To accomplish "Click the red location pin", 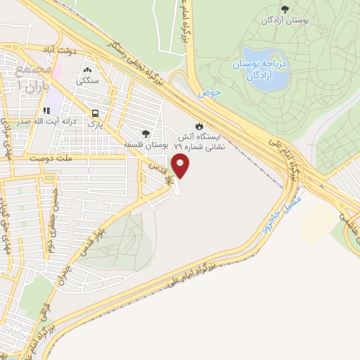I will [181, 167].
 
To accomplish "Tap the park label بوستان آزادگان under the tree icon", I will [284, 20].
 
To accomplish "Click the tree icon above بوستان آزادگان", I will [284, 8].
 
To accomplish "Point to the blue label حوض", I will [210, 93].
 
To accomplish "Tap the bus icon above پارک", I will [94, 112].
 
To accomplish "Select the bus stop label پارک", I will [94, 124].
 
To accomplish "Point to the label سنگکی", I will [88, 81].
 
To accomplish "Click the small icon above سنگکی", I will [88, 70].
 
